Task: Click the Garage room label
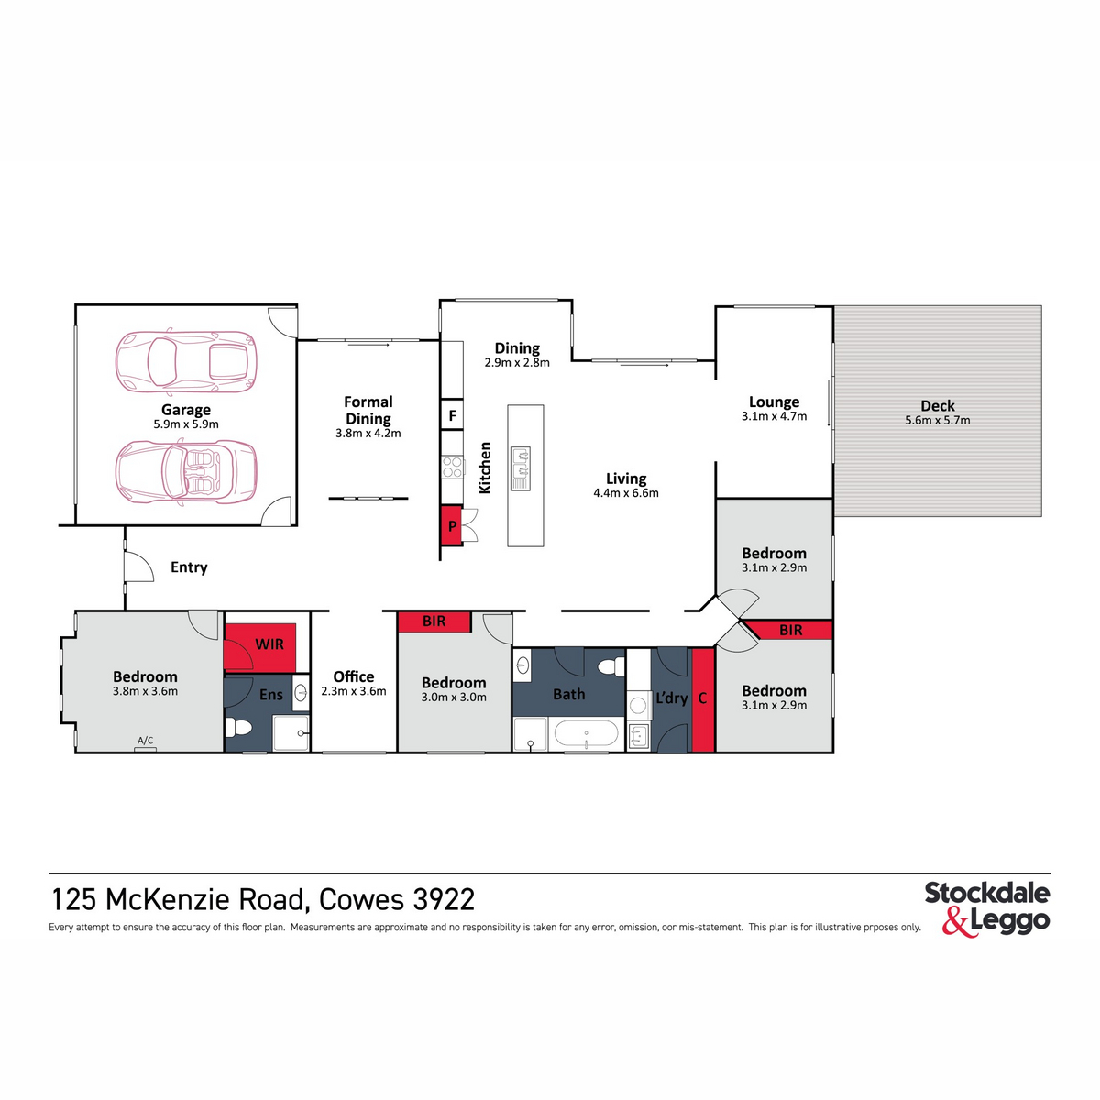click(x=186, y=410)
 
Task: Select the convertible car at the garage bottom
click(x=186, y=472)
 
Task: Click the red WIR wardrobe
click(x=261, y=644)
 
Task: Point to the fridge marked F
click(x=452, y=415)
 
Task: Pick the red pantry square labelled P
click(x=452, y=526)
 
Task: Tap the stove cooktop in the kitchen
click(x=453, y=467)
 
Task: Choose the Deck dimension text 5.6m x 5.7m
click(x=938, y=421)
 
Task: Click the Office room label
click(x=354, y=676)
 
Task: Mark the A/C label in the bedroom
click(x=145, y=741)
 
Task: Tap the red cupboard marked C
click(x=703, y=698)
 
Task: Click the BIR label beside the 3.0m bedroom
click(x=434, y=621)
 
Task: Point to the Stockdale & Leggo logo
click(x=987, y=907)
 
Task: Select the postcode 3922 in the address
click(x=445, y=899)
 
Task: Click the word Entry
click(x=189, y=567)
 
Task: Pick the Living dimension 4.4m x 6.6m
click(x=626, y=493)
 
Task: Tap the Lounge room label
click(x=775, y=401)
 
